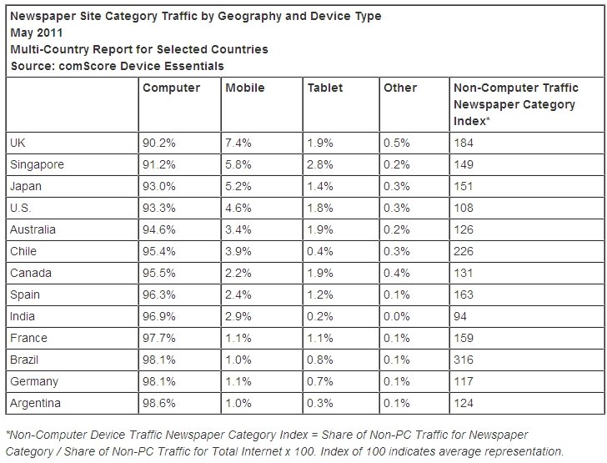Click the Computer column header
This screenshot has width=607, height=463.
tap(171, 88)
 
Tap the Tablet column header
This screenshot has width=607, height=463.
tap(325, 88)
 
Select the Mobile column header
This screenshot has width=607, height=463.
tap(244, 88)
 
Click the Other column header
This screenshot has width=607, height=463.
tap(400, 88)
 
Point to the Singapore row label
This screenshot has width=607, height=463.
tap(37, 164)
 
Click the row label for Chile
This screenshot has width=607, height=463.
tap(23, 251)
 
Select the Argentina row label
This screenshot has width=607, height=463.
tap(35, 403)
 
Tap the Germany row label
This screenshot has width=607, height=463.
tap(34, 381)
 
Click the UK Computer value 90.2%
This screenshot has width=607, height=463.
tap(158, 143)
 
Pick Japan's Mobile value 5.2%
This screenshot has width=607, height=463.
tap(238, 186)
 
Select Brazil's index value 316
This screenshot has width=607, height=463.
tap(464, 360)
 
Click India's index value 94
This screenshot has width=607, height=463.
tap(460, 316)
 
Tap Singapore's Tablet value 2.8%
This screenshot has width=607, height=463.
tap(320, 164)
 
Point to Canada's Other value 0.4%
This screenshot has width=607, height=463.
tap(396, 273)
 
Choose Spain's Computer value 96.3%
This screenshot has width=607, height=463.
tap(158, 294)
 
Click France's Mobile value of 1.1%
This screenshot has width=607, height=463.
tap(238, 338)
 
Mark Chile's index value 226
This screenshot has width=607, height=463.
tap(464, 251)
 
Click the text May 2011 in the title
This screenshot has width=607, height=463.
tap(37, 33)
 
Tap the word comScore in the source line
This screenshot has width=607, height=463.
tap(88, 66)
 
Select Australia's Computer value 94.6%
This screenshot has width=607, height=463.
tap(158, 229)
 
